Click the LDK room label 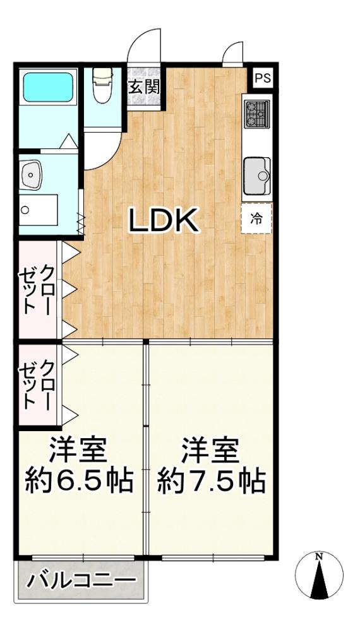(164, 220)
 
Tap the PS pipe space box (263, 78)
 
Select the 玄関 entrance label (144, 86)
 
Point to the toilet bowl (103, 85)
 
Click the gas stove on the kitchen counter (257, 114)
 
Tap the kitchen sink (257, 175)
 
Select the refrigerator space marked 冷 (256, 218)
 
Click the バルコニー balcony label (81, 581)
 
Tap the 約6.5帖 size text (79, 480)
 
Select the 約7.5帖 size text (211, 480)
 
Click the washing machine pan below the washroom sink (39, 210)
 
